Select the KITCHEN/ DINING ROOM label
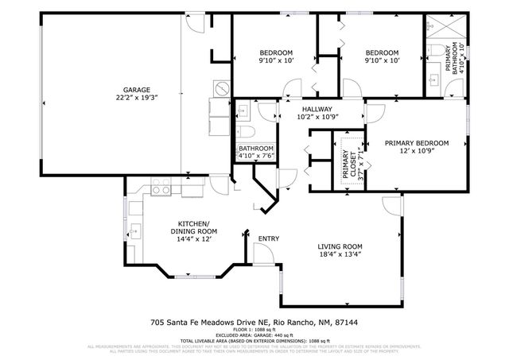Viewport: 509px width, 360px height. point(193,227)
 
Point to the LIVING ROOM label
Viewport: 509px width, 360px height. point(340,246)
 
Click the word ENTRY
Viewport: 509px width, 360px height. point(269,238)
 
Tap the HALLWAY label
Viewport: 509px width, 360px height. point(317,109)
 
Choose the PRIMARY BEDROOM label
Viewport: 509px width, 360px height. point(416,143)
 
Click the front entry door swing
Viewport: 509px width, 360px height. point(264,254)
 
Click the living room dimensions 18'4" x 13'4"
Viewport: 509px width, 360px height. point(340,255)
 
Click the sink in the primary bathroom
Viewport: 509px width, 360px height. point(433,79)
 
